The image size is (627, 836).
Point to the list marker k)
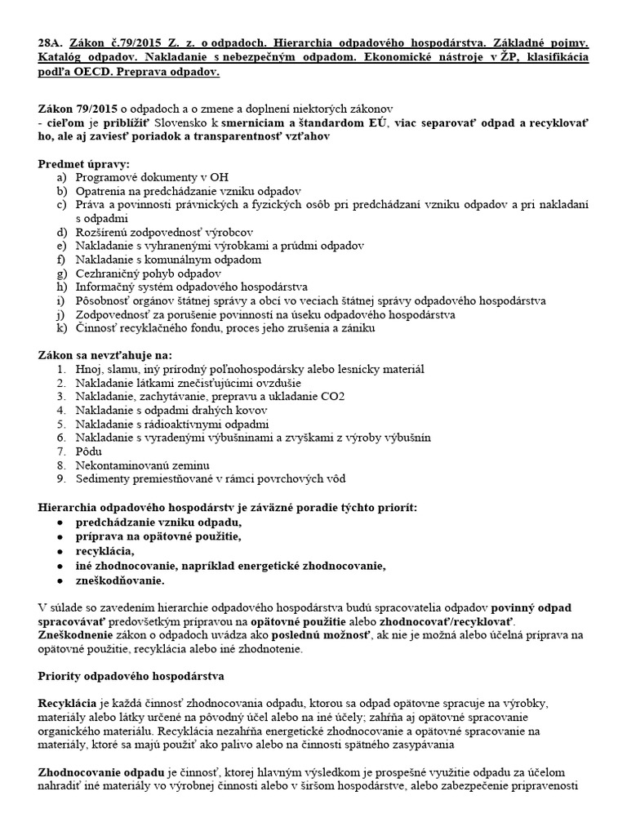click(61, 328)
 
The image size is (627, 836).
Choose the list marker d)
click(61, 232)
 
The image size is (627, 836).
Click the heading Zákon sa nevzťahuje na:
click(105, 355)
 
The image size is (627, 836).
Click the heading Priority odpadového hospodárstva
click(131, 677)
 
